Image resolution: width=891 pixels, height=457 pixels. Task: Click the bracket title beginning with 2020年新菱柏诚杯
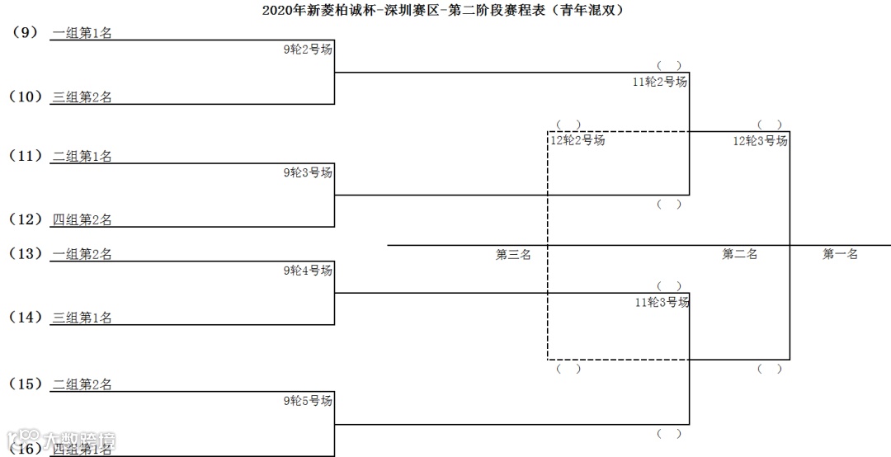tap(445, 11)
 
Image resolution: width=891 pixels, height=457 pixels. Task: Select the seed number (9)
tap(26, 33)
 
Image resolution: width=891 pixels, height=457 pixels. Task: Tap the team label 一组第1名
tap(82, 33)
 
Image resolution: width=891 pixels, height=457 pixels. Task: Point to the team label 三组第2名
tap(82, 97)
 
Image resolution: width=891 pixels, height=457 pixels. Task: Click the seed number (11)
tap(26, 155)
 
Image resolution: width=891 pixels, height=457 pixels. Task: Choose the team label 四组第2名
tap(82, 219)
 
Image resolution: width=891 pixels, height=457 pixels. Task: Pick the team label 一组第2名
tap(82, 254)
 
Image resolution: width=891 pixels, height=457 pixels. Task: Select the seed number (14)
tap(26, 317)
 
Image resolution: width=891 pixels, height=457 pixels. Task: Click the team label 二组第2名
tap(82, 384)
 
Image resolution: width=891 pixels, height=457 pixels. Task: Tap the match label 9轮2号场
tap(308, 49)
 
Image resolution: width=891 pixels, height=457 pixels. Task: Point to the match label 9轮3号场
tap(308, 172)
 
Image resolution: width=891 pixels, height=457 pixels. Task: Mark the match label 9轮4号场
tap(308, 271)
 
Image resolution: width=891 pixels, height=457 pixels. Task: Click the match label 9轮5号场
tap(308, 401)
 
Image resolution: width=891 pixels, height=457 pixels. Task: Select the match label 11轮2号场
tap(660, 82)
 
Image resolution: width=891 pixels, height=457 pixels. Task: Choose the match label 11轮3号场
tap(662, 303)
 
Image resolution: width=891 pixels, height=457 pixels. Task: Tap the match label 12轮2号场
tap(577, 140)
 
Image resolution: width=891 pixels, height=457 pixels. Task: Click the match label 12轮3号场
tap(760, 141)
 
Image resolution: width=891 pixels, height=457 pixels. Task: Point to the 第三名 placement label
tap(513, 254)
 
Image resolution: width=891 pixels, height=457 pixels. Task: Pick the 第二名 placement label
tap(740, 254)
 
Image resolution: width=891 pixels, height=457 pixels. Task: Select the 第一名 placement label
tap(840, 254)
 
